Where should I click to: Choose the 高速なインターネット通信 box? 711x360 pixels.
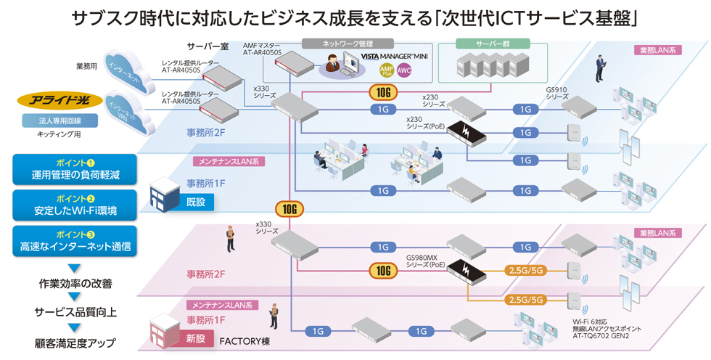click(x=75, y=241)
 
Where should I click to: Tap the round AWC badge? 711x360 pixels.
click(x=404, y=70)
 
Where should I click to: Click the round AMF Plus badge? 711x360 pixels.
click(x=387, y=70)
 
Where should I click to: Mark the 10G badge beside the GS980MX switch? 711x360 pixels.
click(x=383, y=271)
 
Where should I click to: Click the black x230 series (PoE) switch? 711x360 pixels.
click(x=465, y=131)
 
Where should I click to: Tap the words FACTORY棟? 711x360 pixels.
click(x=244, y=340)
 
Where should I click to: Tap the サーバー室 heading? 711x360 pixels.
click(x=207, y=46)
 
